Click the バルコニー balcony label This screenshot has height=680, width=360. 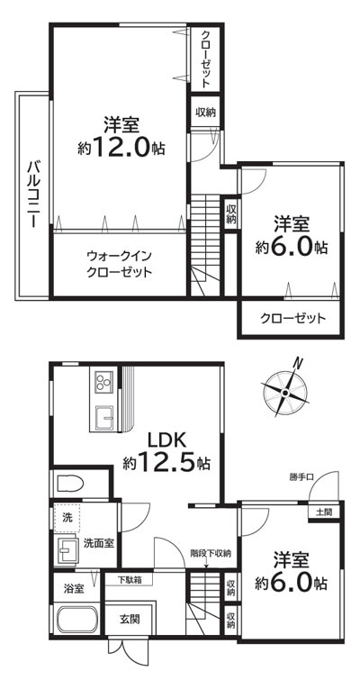31,193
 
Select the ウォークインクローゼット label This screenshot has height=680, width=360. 119,263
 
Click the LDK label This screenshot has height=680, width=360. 166,440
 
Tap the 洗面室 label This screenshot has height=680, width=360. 98,544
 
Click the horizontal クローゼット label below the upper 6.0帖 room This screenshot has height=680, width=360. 292,319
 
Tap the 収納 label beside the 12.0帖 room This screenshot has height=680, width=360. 205,113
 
